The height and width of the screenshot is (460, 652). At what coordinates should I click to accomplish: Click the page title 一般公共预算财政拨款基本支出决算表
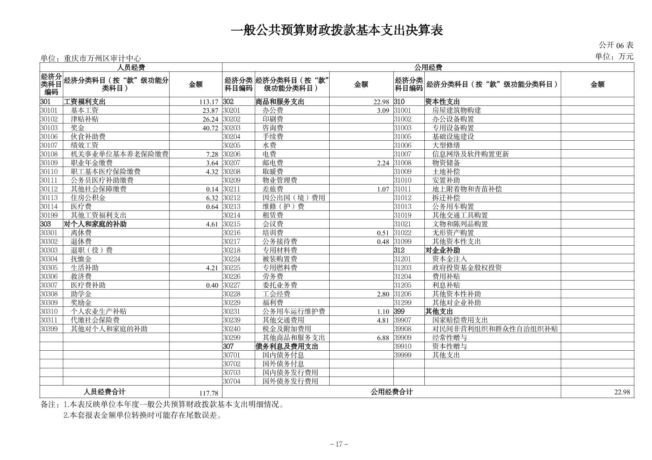tap(337, 30)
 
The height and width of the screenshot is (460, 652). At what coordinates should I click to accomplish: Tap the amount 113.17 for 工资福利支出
tap(209, 102)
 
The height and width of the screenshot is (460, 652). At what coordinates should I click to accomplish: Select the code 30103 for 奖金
tap(49, 128)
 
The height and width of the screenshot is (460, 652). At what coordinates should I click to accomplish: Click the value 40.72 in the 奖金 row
tap(210, 128)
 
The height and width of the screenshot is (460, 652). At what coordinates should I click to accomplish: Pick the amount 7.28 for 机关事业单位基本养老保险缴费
tap(212, 154)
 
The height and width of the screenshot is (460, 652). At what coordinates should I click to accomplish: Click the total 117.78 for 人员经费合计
tap(209, 393)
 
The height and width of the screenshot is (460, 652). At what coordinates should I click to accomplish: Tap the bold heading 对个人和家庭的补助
tap(95, 224)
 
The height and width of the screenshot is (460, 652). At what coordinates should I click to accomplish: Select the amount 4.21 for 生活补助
tap(212, 268)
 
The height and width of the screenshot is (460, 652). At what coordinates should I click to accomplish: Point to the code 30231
tap(232, 312)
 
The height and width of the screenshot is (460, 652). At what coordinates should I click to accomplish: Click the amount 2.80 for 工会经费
tap(383, 294)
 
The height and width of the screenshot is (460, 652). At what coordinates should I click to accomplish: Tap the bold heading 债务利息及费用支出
tap(286, 346)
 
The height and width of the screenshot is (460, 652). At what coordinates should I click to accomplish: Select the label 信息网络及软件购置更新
tap(470, 154)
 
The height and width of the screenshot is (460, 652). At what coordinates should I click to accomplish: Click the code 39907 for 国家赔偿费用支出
tap(402, 320)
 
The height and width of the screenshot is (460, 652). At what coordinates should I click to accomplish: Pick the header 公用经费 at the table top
tap(428, 67)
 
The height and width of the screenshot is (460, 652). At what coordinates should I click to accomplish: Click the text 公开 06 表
tap(616, 45)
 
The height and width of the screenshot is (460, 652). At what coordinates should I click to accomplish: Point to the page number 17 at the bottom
tap(339, 444)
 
